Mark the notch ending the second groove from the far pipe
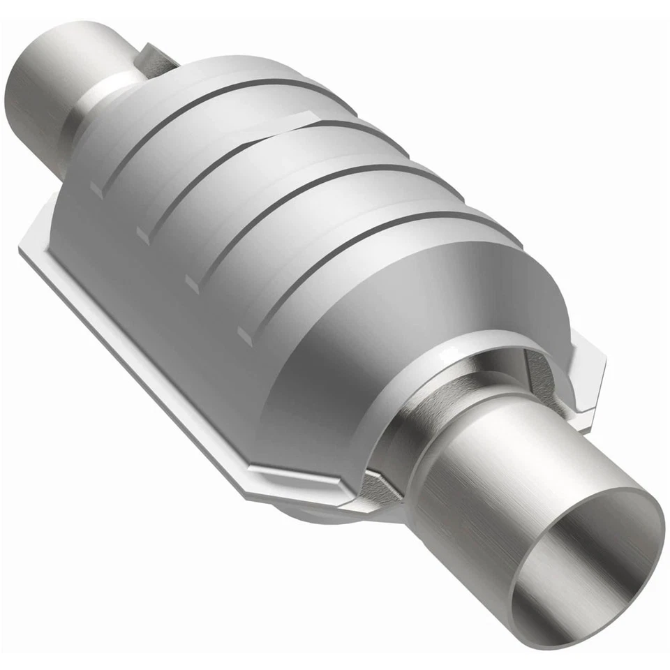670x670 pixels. (x=143, y=234)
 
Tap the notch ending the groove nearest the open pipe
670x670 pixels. (x=244, y=334)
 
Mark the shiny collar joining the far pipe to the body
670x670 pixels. (x=105, y=105)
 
